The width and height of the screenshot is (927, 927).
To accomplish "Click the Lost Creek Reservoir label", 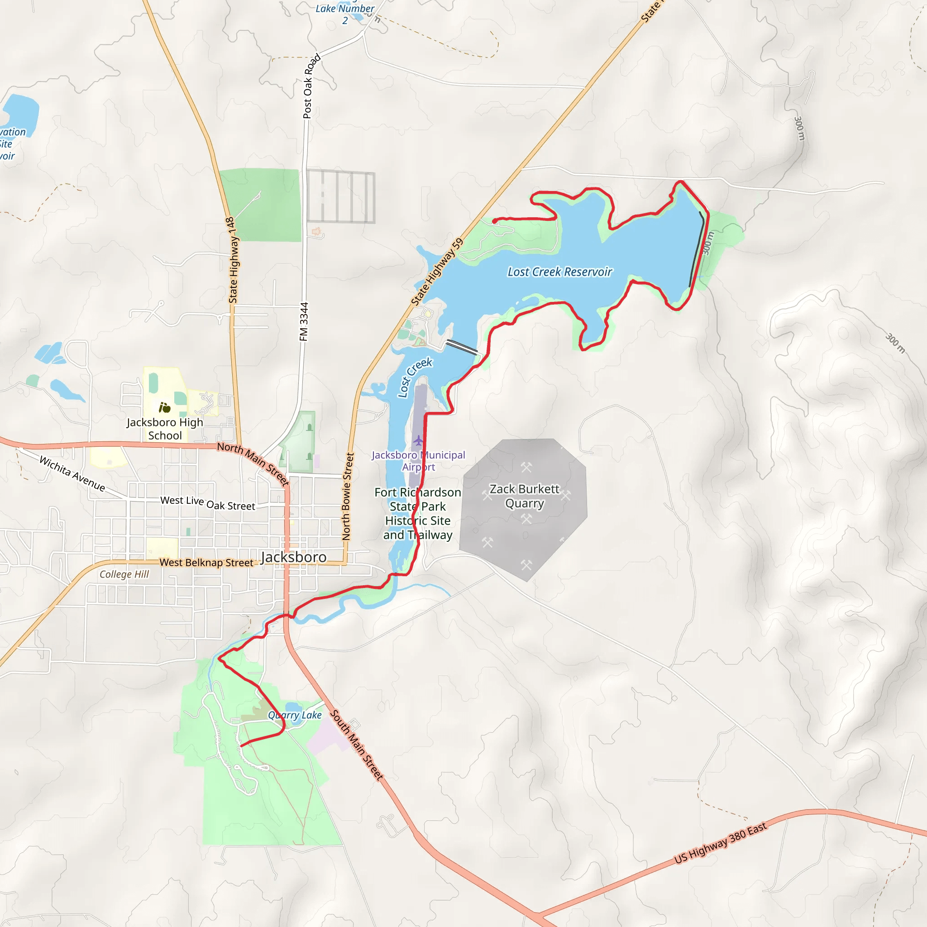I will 559,272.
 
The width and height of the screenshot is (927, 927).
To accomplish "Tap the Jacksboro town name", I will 294,557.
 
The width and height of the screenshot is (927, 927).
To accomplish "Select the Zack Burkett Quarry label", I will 524,496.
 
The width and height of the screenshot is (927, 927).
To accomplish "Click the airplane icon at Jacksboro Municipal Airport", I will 418,440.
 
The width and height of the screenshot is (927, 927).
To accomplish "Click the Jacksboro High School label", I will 165,429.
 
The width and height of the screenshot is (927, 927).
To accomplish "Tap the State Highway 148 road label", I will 233,260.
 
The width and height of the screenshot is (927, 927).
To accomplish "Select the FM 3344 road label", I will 304,321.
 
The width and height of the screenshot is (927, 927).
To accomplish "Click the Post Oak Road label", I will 311,86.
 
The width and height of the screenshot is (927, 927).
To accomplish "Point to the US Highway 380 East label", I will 720,843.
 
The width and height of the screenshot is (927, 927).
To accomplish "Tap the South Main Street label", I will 357,745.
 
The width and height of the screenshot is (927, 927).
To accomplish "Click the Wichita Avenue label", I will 72,473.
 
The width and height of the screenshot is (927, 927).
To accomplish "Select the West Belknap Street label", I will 206,562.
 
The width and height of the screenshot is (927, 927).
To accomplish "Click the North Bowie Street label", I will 347,497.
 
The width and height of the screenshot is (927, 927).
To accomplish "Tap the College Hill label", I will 124,574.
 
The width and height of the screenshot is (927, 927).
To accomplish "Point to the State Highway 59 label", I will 438,272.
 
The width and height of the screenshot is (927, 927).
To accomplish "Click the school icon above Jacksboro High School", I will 165,408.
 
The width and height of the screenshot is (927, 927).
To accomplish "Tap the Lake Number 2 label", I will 344,14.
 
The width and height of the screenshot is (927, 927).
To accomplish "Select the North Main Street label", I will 253,463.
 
